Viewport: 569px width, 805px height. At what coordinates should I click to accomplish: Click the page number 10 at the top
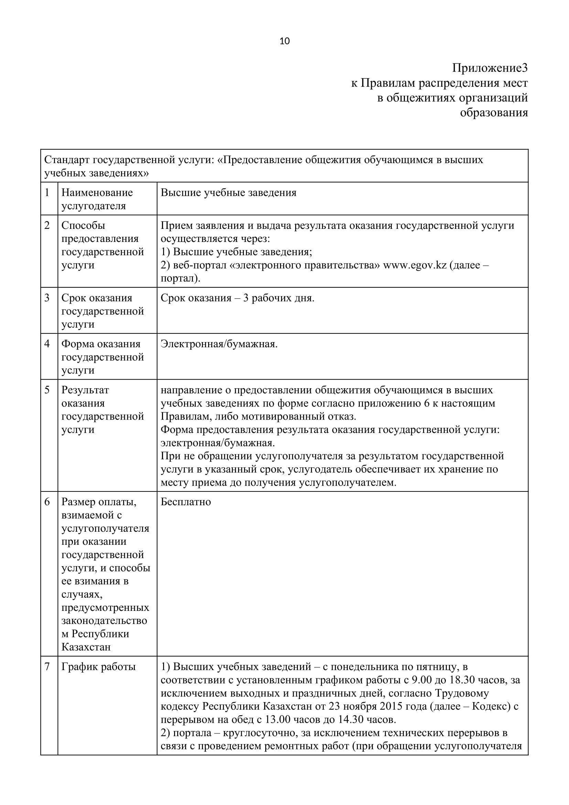tap(284, 41)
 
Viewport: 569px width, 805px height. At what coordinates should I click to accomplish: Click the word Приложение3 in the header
tap(490, 68)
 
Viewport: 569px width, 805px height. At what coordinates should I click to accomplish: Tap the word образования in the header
tap(494, 113)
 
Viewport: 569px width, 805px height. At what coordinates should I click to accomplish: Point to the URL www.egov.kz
tap(415, 265)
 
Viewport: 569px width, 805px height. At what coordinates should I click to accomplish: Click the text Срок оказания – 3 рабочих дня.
tap(238, 298)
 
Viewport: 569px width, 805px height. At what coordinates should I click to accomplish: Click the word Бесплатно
tap(186, 502)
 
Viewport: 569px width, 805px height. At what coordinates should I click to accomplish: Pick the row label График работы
tap(98, 667)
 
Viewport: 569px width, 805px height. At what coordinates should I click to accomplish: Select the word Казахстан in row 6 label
tap(86, 647)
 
